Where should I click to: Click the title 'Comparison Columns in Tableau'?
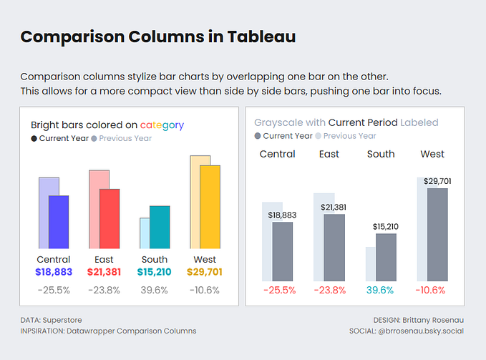(x=157, y=37)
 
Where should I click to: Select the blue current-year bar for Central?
(x=59, y=222)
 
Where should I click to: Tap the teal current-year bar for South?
(x=160, y=228)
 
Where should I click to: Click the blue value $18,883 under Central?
(x=54, y=272)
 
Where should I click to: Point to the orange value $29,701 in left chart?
(x=205, y=272)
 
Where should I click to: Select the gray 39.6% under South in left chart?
(x=154, y=290)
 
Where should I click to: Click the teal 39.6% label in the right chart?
(x=380, y=290)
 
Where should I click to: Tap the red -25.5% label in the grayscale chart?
(x=280, y=290)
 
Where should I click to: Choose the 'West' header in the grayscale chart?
(x=432, y=154)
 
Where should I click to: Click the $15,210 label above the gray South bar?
(x=386, y=226)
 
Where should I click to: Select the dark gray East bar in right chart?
(x=334, y=247)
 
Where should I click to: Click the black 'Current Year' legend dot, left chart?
(x=34, y=138)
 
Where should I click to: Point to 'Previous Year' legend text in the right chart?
(x=351, y=135)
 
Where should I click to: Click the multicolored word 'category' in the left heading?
(x=162, y=125)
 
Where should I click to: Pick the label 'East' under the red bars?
(x=104, y=259)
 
